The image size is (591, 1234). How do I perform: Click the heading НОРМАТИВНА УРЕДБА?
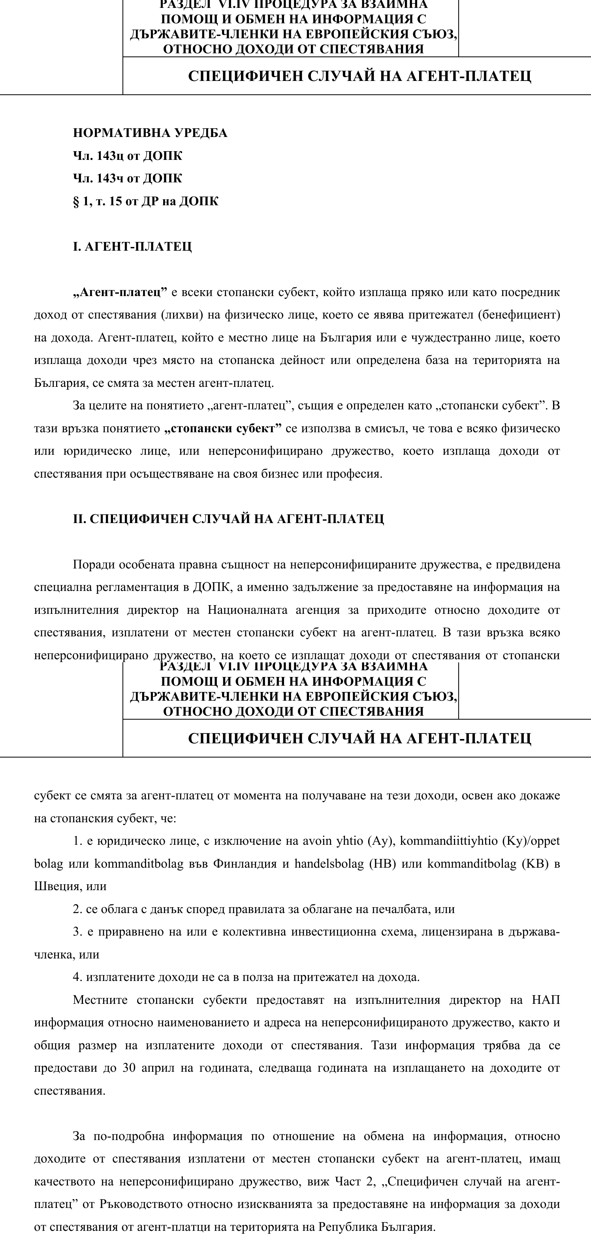(x=150, y=133)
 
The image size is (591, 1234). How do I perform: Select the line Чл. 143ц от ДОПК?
(x=128, y=156)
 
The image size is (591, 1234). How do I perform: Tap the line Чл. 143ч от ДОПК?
(x=128, y=178)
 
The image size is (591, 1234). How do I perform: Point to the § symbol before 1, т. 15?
(x=76, y=201)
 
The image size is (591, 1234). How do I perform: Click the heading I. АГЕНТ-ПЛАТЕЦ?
(x=132, y=247)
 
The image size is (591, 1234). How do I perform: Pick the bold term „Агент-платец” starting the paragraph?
(x=120, y=292)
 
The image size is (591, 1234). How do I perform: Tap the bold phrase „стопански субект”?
(x=222, y=428)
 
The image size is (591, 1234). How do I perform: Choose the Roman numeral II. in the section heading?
(x=79, y=519)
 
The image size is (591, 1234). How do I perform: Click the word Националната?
(x=247, y=610)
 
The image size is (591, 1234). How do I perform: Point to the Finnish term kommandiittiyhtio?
(x=449, y=841)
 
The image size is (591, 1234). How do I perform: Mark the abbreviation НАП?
(x=546, y=1000)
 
